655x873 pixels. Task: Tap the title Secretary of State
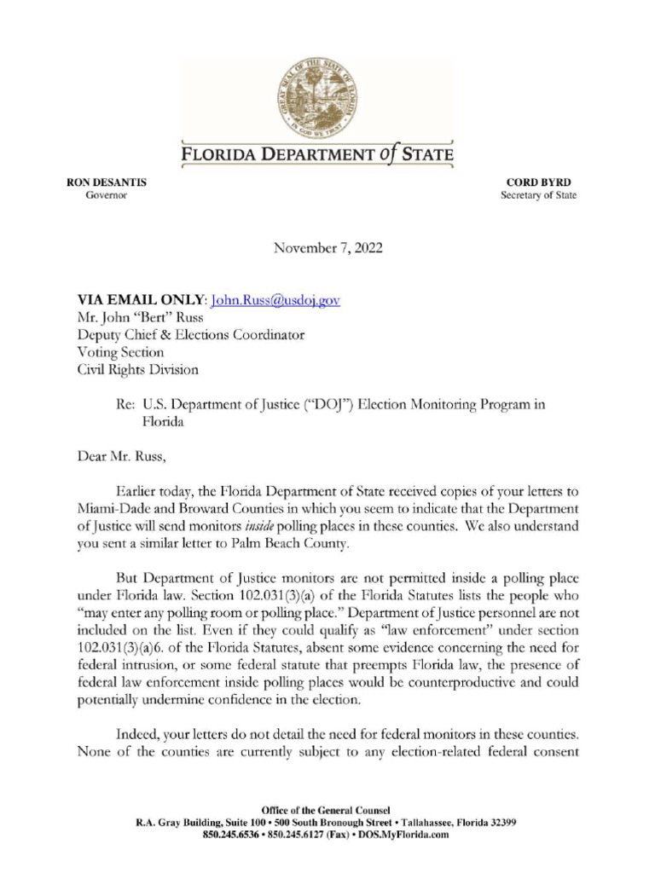pyautogui.click(x=538, y=195)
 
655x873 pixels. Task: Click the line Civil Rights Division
pyautogui.click(x=137, y=370)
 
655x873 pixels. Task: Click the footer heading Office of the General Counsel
pyautogui.click(x=327, y=809)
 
